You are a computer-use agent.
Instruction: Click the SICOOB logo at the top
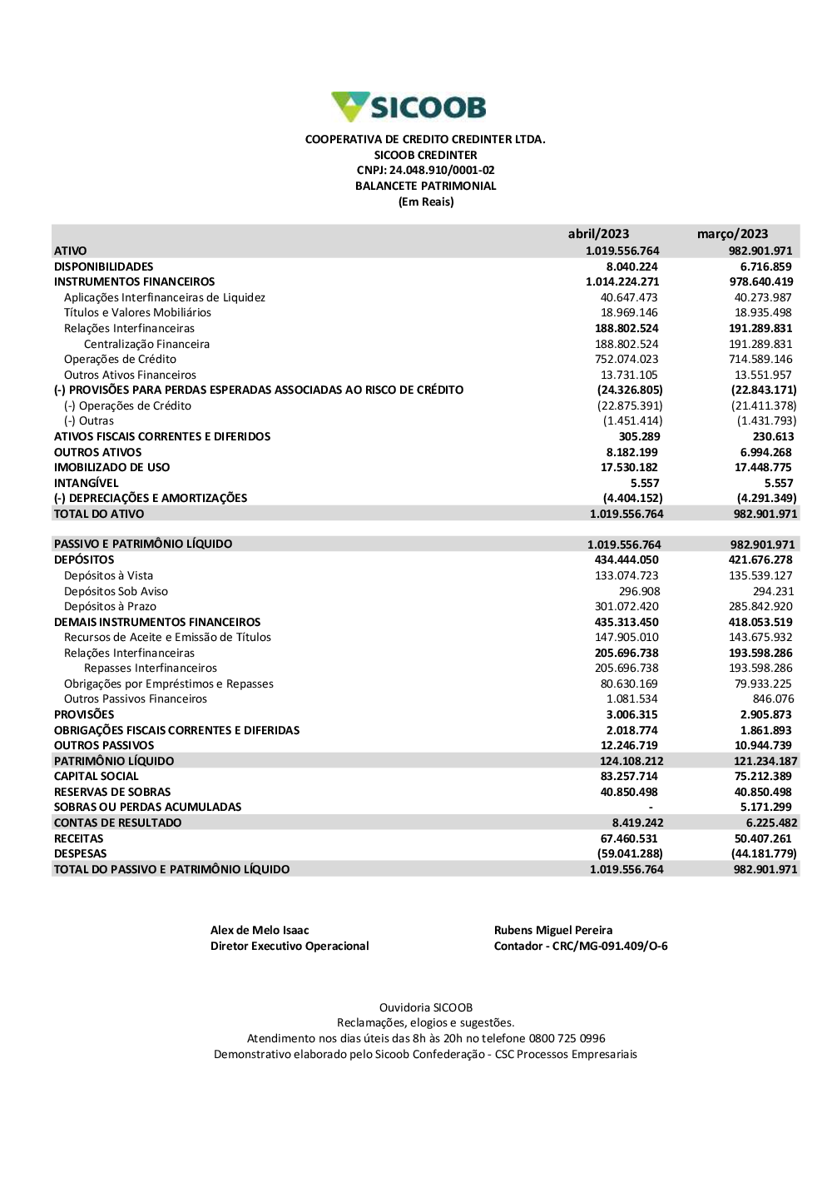point(409,107)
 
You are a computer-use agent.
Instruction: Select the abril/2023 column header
point(598,234)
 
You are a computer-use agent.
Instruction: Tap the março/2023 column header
point(732,234)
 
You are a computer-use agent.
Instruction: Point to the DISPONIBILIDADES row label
point(104,266)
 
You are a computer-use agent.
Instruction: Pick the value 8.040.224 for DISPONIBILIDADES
point(631,266)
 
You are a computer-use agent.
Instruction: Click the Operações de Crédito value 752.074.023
point(629,360)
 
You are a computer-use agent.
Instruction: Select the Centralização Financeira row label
point(146,344)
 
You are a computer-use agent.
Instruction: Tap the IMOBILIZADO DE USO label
point(111,468)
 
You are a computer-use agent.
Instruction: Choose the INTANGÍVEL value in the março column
point(779,483)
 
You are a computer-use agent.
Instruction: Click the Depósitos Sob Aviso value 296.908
point(639,591)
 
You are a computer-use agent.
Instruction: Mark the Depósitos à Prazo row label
point(110,607)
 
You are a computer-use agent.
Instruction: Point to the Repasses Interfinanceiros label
point(151,669)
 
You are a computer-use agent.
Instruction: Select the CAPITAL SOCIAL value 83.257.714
point(629,777)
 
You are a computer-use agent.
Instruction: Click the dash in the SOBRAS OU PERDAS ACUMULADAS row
point(651,808)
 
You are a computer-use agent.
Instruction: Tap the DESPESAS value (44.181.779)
point(764,854)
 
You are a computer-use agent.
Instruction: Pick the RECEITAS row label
point(79,839)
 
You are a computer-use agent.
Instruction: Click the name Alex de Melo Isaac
point(260,931)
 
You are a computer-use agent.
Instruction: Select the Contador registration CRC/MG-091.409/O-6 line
point(581,947)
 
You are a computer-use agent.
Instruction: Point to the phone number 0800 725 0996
point(567,1039)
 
